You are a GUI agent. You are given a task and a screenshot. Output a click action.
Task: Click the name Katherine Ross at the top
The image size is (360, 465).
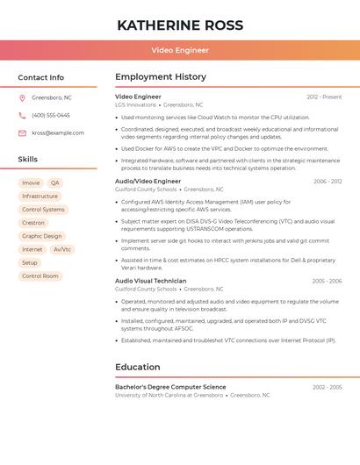click(x=180, y=25)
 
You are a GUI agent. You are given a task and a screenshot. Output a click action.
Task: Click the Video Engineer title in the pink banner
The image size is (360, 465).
click(x=180, y=51)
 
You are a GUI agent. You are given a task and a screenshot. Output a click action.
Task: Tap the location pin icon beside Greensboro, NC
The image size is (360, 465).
click(x=22, y=98)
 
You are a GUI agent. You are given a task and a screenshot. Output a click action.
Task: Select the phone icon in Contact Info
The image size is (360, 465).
click(x=22, y=116)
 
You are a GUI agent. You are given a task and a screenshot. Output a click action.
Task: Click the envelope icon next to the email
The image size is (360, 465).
click(x=22, y=133)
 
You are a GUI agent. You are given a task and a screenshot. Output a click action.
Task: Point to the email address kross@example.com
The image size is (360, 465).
click(x=58, y=133)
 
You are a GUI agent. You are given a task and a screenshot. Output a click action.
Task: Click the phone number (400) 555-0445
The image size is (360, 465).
click(x=51, y=116)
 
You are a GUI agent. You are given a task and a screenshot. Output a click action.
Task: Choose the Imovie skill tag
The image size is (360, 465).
click(x=31, y=183)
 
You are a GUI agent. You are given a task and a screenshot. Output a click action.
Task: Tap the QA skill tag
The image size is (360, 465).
click(x=55, y=183)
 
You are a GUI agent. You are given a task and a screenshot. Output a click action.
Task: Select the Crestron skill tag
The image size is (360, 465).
click(x=33, y=223)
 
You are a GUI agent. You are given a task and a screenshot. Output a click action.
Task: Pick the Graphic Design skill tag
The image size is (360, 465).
click(x=42, y=236)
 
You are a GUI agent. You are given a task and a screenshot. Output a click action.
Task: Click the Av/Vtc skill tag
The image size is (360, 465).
click(x=62, y=249)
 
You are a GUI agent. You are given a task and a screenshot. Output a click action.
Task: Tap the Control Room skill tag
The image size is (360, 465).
click(x=40, y=275)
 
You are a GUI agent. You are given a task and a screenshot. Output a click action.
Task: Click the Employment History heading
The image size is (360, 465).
click(x=161, y=77)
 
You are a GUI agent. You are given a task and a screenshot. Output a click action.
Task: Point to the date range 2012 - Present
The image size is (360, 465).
click(x=324, y=97)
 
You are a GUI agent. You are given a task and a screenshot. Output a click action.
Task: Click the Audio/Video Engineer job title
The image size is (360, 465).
click(x=148, y=182)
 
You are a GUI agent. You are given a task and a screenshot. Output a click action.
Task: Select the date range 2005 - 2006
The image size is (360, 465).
click(x=327, y=282)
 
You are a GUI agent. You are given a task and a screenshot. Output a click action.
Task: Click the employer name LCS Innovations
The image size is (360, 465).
click(x=135, y=105)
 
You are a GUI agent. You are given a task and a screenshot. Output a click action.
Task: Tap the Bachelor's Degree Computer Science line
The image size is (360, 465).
click(x=170, y=387)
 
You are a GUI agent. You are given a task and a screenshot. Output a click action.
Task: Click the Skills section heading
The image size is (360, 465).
click(x=28, y=160)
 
